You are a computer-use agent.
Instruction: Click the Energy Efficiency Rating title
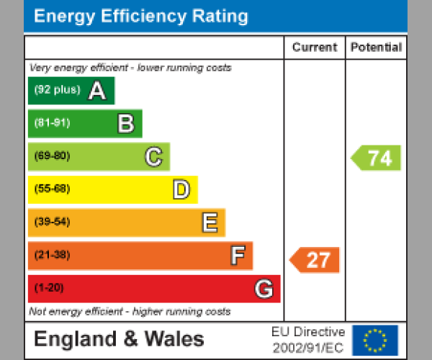141,17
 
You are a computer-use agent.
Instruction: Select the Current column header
315,48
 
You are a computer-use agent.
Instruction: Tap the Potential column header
376,48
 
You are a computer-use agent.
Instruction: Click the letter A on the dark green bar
96,91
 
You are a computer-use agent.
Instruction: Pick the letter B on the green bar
126,124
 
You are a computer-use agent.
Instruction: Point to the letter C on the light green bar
153,156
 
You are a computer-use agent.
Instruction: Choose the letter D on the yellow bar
181,190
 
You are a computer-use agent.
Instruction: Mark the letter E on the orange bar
210,222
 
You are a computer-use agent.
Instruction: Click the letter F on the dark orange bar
237,256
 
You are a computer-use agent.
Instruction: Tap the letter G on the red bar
264,289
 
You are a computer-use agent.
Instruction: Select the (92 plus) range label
57,90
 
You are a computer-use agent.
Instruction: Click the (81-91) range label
52,123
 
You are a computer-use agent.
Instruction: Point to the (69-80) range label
52,156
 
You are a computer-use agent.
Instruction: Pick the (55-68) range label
52,189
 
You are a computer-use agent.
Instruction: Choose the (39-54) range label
52,222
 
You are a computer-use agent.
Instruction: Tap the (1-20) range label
49,288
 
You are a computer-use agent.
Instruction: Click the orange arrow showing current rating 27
315,260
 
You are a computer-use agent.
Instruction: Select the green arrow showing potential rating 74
376,158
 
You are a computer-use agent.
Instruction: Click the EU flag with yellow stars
374,340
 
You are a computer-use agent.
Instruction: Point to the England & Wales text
119,339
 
